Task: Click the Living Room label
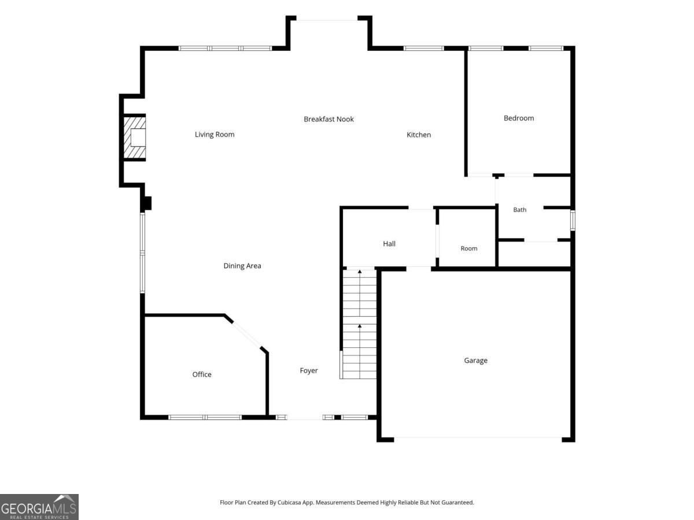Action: click(x=215, y=135)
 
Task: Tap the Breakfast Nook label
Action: click(x=328, y=119)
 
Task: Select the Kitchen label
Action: click(x=418, y=135)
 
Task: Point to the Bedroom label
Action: click(x=519, y=118)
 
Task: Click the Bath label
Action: click(x=519, y=210)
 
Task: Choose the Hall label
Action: click(x=389, y=244)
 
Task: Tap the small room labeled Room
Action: click(x=468, y=248)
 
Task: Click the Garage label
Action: click(x=475, y=361)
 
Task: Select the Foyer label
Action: click(x=309, y=370)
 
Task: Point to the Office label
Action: click(x=202, y=374)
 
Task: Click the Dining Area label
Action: click(x=242, y=266)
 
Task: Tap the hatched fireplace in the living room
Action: click(x=134, y=138)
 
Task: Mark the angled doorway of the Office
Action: click(x=246, y=335)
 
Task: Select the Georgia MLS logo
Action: click(x=39, y=507)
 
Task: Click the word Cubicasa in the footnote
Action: click(x=289, y=502)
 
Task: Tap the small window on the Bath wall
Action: click(x=573, y=220)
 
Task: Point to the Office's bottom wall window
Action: click(x=205, y=417)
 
